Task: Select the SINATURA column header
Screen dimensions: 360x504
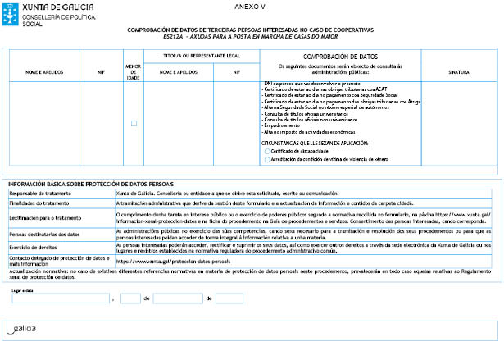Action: [x=458, y=72]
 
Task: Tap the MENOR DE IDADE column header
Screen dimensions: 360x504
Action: [x=134, y=71]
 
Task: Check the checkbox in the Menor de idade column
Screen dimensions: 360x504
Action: [x=134, y=123]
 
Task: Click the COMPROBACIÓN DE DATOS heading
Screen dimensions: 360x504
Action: [x=340, y=56]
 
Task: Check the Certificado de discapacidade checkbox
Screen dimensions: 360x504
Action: [x=267, y=150]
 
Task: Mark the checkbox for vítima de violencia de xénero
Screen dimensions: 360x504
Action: [x=267, y=160]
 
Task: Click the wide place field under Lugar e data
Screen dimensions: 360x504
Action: [x=60, y=298]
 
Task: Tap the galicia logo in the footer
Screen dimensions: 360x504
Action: [x=21, y=330]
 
